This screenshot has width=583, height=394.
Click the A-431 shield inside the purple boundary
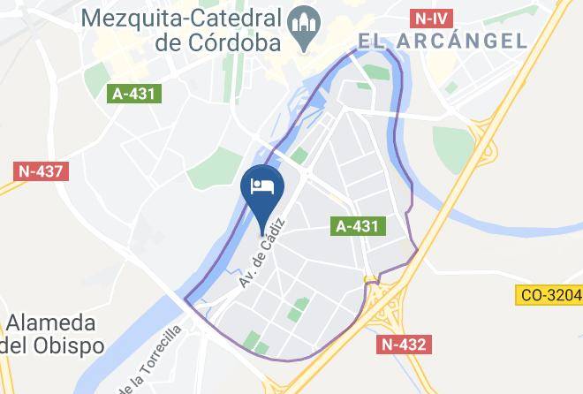click(358, 226)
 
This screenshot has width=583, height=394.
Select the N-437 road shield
click(39, 170)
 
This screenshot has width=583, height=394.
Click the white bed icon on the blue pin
click(263, 186)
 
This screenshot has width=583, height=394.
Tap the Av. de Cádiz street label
click(263, 252)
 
